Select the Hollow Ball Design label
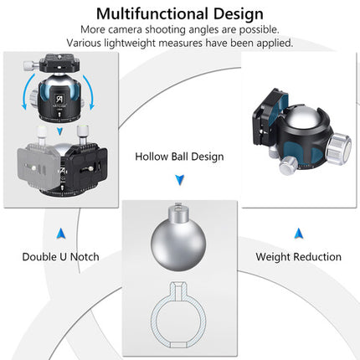[x=179, y=157]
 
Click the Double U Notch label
[x=60, y=257]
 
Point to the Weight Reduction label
[x=298, y=257]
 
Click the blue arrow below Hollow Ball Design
[x=180, y=180]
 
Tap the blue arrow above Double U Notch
[x=60, y=234]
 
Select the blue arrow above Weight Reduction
[x=298, y=234]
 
